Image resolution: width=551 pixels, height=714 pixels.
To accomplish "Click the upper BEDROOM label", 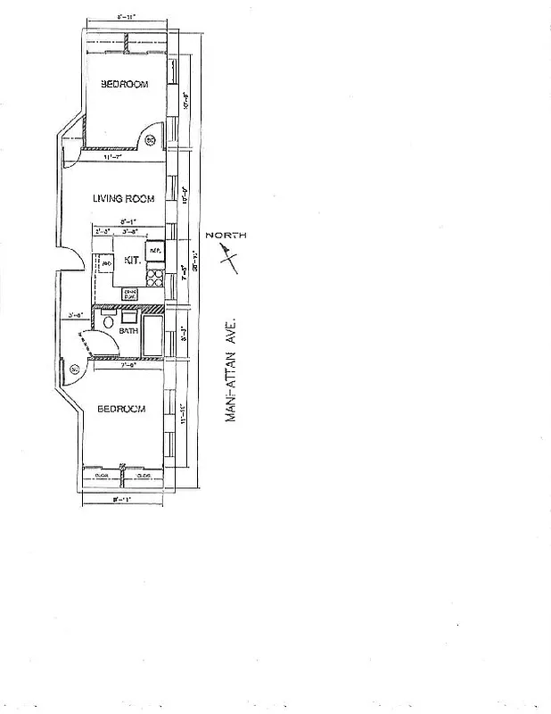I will tap(124, 84).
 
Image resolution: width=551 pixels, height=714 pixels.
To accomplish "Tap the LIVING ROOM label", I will tap(124, 199).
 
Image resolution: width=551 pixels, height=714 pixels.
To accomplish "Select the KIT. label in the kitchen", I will tap(132, 261).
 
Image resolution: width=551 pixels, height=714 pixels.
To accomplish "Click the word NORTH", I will tap(226, 236).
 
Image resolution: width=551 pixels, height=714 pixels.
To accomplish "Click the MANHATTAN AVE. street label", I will tap(230, 373).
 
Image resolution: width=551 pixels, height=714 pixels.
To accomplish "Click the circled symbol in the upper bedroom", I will tap(150, 139).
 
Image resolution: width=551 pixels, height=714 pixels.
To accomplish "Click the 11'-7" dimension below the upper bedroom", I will tap(112, 157).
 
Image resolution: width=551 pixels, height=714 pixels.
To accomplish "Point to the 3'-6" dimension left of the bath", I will tap(76, 315).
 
